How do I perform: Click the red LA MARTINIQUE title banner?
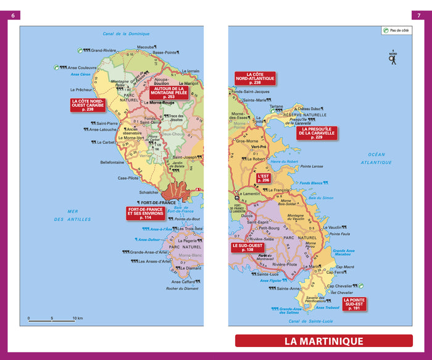[323, 341]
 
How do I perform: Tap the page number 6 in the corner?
[14, 15]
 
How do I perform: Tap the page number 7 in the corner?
[418, 15]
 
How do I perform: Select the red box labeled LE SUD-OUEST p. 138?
[247, 247]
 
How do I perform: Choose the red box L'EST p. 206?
[264, 179]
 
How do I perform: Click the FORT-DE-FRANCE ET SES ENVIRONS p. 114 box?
[146, 213]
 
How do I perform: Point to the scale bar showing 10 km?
[52, 320]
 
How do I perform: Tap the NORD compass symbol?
[393, 57]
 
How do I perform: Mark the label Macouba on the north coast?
[145, 47]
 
